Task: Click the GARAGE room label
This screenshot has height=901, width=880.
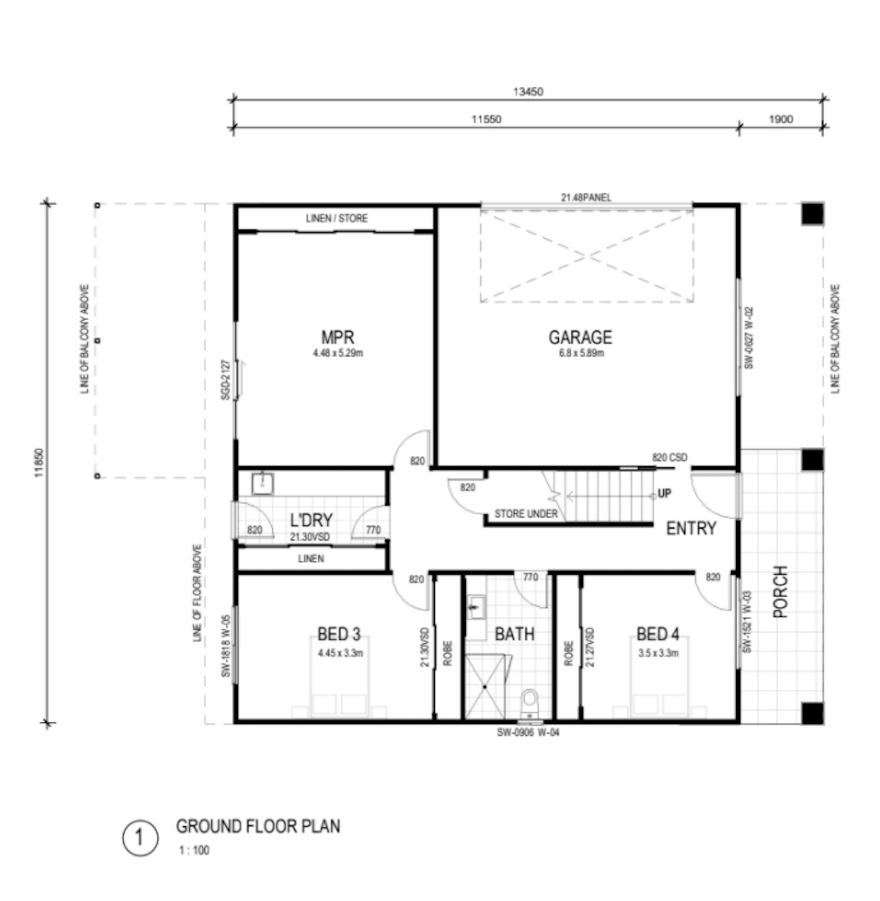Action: click(580, 337)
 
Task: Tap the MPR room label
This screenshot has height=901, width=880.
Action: click(338, 337)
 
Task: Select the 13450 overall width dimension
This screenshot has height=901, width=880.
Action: click(528, 92)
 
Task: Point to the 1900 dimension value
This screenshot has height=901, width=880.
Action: click(781, 119)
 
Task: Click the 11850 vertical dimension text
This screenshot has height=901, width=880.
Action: click(39, 462)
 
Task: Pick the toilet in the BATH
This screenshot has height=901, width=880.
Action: click(530, 702)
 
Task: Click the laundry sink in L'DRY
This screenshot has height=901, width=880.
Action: click(263, 484)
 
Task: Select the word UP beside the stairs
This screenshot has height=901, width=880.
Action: click(664, 493)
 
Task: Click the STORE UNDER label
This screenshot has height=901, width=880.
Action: click(526, 514)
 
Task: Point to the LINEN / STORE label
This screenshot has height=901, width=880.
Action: click(336, 218)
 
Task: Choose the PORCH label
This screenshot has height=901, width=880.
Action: click(781, 592)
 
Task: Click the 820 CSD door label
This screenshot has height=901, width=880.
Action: click(669, 458)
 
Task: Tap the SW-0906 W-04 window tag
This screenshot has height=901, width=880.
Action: click(528, 732)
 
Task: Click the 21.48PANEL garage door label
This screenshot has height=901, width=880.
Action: click(586, 197)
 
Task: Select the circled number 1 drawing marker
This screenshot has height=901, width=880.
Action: click(140, 837)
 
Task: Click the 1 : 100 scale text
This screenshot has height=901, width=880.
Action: click(195, 850)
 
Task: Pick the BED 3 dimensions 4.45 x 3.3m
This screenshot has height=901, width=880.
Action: click(340, 653)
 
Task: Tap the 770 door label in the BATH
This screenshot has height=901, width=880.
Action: click(531, 577)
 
